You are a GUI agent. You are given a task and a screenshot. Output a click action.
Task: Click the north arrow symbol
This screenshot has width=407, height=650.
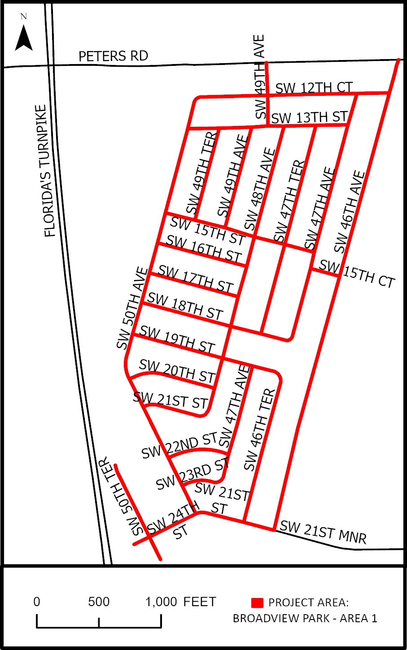[24, 38]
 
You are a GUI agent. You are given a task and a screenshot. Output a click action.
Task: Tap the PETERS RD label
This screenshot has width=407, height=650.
[113, 56]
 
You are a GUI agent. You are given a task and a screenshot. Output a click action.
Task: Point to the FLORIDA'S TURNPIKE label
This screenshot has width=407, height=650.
[46, 171]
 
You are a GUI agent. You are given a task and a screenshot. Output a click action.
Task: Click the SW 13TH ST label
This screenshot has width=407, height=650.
[309, 117]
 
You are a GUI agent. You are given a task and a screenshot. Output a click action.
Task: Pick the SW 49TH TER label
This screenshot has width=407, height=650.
[202, 173]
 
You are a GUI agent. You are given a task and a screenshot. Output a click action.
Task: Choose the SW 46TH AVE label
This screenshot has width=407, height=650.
[350, 211]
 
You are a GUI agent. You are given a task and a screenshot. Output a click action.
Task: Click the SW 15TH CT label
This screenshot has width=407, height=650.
[357, 273]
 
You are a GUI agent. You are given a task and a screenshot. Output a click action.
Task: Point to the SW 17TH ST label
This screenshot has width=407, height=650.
[196, 279]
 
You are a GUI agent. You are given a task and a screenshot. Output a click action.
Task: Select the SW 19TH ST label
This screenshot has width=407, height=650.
[177, 339]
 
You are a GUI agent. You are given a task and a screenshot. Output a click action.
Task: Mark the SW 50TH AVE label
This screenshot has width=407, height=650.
[132, 308]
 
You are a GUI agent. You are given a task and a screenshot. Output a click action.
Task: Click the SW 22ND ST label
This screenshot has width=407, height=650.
[179, 446]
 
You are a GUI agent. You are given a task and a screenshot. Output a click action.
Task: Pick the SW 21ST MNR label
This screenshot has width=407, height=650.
[323, 532]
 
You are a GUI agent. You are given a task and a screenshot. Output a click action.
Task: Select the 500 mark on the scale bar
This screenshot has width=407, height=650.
[99, 602]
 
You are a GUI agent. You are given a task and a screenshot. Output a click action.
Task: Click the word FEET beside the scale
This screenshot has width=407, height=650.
[200, 602]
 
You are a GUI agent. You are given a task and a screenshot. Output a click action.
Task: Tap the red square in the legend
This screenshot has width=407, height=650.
[257, 603]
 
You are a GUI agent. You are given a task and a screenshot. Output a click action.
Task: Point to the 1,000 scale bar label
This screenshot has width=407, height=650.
[161, 602]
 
